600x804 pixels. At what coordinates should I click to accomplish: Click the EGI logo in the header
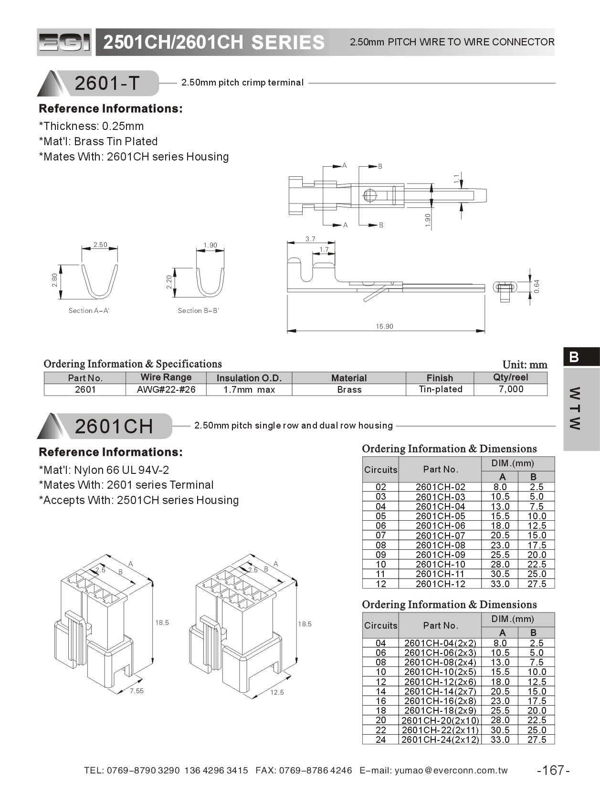pos(64,43)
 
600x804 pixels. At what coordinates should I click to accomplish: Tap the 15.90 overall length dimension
pos(384,326)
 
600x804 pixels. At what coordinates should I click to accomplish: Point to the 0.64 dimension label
pos(537,286)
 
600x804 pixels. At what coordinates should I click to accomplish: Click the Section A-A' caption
pos(89,311)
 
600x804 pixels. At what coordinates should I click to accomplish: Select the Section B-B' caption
pos(198,311)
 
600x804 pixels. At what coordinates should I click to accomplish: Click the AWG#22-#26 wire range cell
pos(166,389)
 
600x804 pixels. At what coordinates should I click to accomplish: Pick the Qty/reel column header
pos(510,377)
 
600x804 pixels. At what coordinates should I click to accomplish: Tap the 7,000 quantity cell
pos(511,389)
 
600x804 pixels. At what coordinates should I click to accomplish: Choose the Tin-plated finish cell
pos(440,389)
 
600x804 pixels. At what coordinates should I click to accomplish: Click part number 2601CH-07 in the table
pos(440,536)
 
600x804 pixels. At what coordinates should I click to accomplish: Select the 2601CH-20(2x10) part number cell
pos(440,720)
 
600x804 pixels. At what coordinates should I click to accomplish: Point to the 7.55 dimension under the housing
pos(137,691)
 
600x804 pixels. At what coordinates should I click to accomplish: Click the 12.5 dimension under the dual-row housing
pos(277,692)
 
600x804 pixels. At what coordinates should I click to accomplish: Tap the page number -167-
pos(553,770)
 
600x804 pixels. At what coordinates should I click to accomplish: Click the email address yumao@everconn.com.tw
pos(451,770)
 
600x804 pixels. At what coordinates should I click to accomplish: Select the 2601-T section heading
pos(107,83)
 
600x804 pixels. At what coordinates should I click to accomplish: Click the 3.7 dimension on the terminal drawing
pos(310,239)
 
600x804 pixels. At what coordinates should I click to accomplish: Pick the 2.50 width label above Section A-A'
pos(100,245)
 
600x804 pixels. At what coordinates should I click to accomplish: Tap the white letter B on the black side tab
pos(574,357)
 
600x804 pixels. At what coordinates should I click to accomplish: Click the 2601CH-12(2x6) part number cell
pos(440,682)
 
